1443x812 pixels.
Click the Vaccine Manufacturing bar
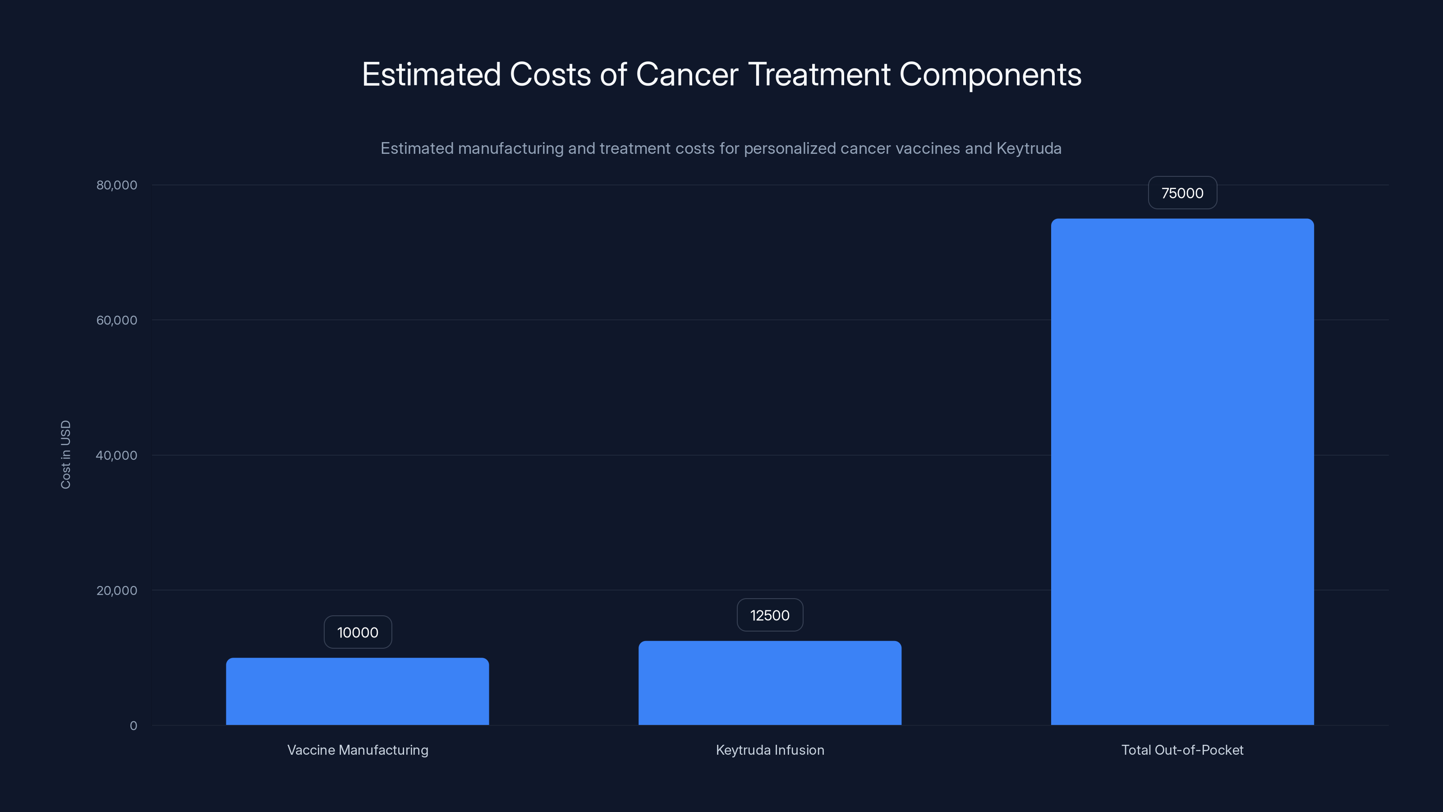point(358,692)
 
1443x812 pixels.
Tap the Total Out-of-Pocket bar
point(1182,472)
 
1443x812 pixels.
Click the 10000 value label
point(358,632)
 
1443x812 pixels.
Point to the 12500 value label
point(770,615)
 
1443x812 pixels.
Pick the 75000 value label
point(1182,193)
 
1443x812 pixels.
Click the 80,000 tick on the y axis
point(116,185)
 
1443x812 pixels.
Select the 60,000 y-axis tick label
point(116,320)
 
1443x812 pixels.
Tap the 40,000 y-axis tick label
point(116,455)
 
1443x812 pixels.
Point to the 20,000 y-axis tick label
point(116,590)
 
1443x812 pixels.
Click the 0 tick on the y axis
point(133,726)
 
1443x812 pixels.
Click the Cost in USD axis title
point(65,454)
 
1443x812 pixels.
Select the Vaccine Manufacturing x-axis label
point(358,750)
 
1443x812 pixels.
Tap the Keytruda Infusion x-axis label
point(770,750)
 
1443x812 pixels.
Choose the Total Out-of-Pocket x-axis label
point(1182,750)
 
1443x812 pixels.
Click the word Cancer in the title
point(687,74)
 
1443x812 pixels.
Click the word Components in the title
point(990,74)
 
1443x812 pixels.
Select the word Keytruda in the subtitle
point(1029,148)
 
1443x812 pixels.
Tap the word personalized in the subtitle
point(789,148)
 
